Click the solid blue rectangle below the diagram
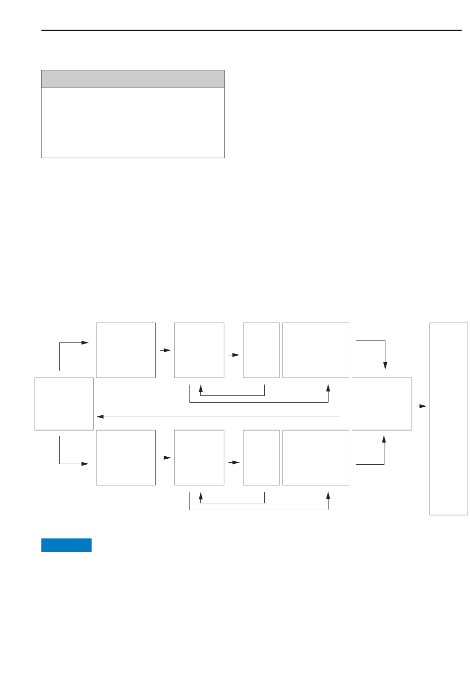point(66,545)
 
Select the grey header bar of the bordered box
point(133,79)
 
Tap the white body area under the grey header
point(133,123)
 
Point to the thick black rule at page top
point(251,30)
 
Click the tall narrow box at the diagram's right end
point(448,419)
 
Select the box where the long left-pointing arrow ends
point(64,404)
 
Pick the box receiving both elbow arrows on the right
point(381,404)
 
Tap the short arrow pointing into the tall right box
point(421,406)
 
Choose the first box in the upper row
point(126,350)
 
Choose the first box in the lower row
point(126,457)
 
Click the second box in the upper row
point(199,350)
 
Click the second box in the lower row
point(199,457)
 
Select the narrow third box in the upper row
point(261,350)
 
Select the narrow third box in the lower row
point(261,457)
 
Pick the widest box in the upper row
point(316,350)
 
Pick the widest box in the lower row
point(316,457)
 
